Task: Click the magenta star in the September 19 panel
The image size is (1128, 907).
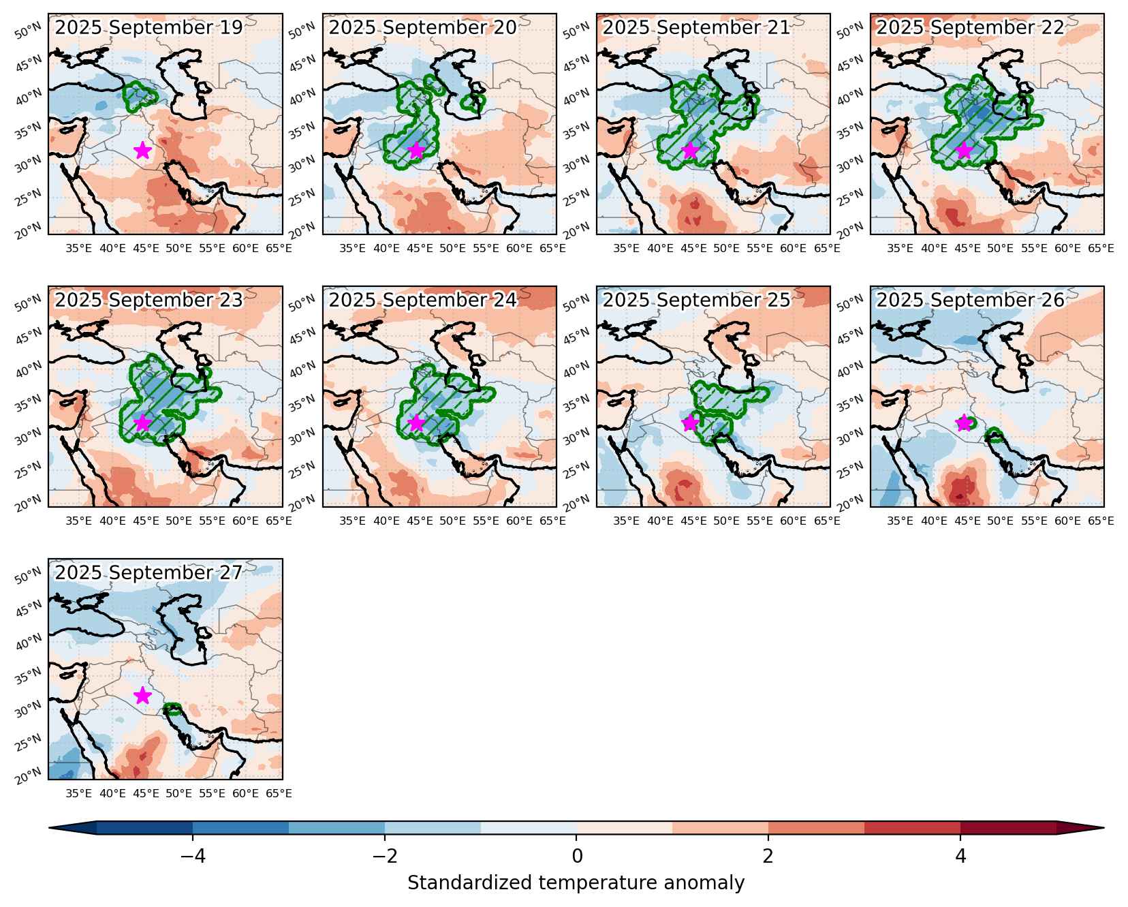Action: [142, 151]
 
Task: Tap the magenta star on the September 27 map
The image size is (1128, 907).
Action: [142, 696]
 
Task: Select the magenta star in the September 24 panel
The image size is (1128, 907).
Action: [416, 423]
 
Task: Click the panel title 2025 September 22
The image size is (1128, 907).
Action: [970, 28]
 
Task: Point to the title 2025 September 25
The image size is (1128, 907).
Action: [696, 301]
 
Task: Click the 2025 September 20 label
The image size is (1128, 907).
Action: [422, 28]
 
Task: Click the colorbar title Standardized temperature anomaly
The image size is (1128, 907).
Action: [576, 883]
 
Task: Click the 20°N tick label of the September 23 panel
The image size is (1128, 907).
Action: [29, 504]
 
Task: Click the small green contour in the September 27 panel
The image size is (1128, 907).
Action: [173, 709]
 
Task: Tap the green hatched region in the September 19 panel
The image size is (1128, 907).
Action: [140, 96]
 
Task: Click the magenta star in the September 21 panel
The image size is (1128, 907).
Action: [690, 151]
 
